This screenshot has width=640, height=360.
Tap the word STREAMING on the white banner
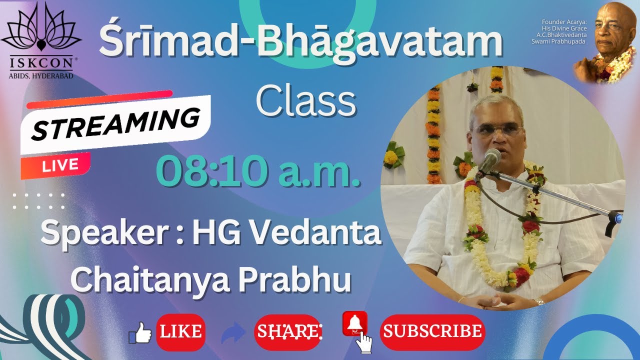tap(115, 123)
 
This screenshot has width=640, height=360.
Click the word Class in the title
tap(305, 102)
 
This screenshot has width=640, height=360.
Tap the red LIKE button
tap(180, 331)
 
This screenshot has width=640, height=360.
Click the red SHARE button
tap(288, 331)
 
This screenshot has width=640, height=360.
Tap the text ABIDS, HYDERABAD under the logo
tap(41, 75)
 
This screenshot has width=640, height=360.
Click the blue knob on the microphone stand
tap(618, 218)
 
